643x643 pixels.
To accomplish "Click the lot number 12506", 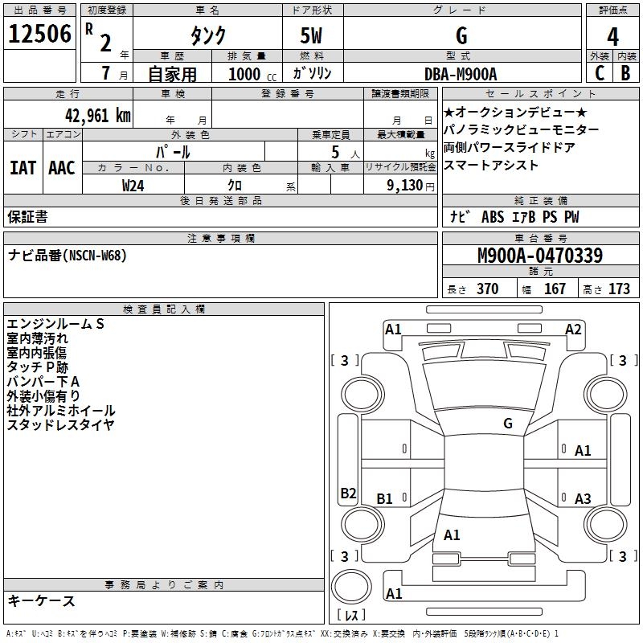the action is pyautogui.click(x=39, y=34).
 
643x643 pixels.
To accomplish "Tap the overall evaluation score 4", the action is pyautogui.click(x=612, y=36).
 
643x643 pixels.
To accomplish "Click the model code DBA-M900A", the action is pyautogui.click(x=461, y=73).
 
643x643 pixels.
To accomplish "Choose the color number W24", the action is pyautogui.click(x=133, y=185).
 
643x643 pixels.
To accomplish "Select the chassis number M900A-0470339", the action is pyautogui.click(x=539, y=256).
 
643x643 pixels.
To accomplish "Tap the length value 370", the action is pyautogui.click(x=487, y=289).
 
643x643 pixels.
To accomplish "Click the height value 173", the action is pyautogui.click(x=619, y=289).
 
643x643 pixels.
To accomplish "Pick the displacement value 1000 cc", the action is pyautogui.click(x=244, y=74).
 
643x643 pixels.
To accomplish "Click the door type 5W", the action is pyautogui.click(x=312, y=35).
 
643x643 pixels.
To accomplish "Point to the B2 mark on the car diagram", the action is pyautogui.click(x=348, y=494).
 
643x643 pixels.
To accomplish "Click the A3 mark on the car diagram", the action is pyautogui.click(x=583, y=498).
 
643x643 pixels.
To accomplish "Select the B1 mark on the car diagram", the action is pyautogui.click(x=385, y=498).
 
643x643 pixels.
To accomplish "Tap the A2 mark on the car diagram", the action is pyautogui.click(x=573, y=329).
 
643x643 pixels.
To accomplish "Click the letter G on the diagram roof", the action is pyautogui.click(x=507, y=423).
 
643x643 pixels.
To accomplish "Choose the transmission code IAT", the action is pyautogui.click(x=23, y=167).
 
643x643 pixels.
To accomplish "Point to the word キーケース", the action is pyautogui.click(x=41, y=600).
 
